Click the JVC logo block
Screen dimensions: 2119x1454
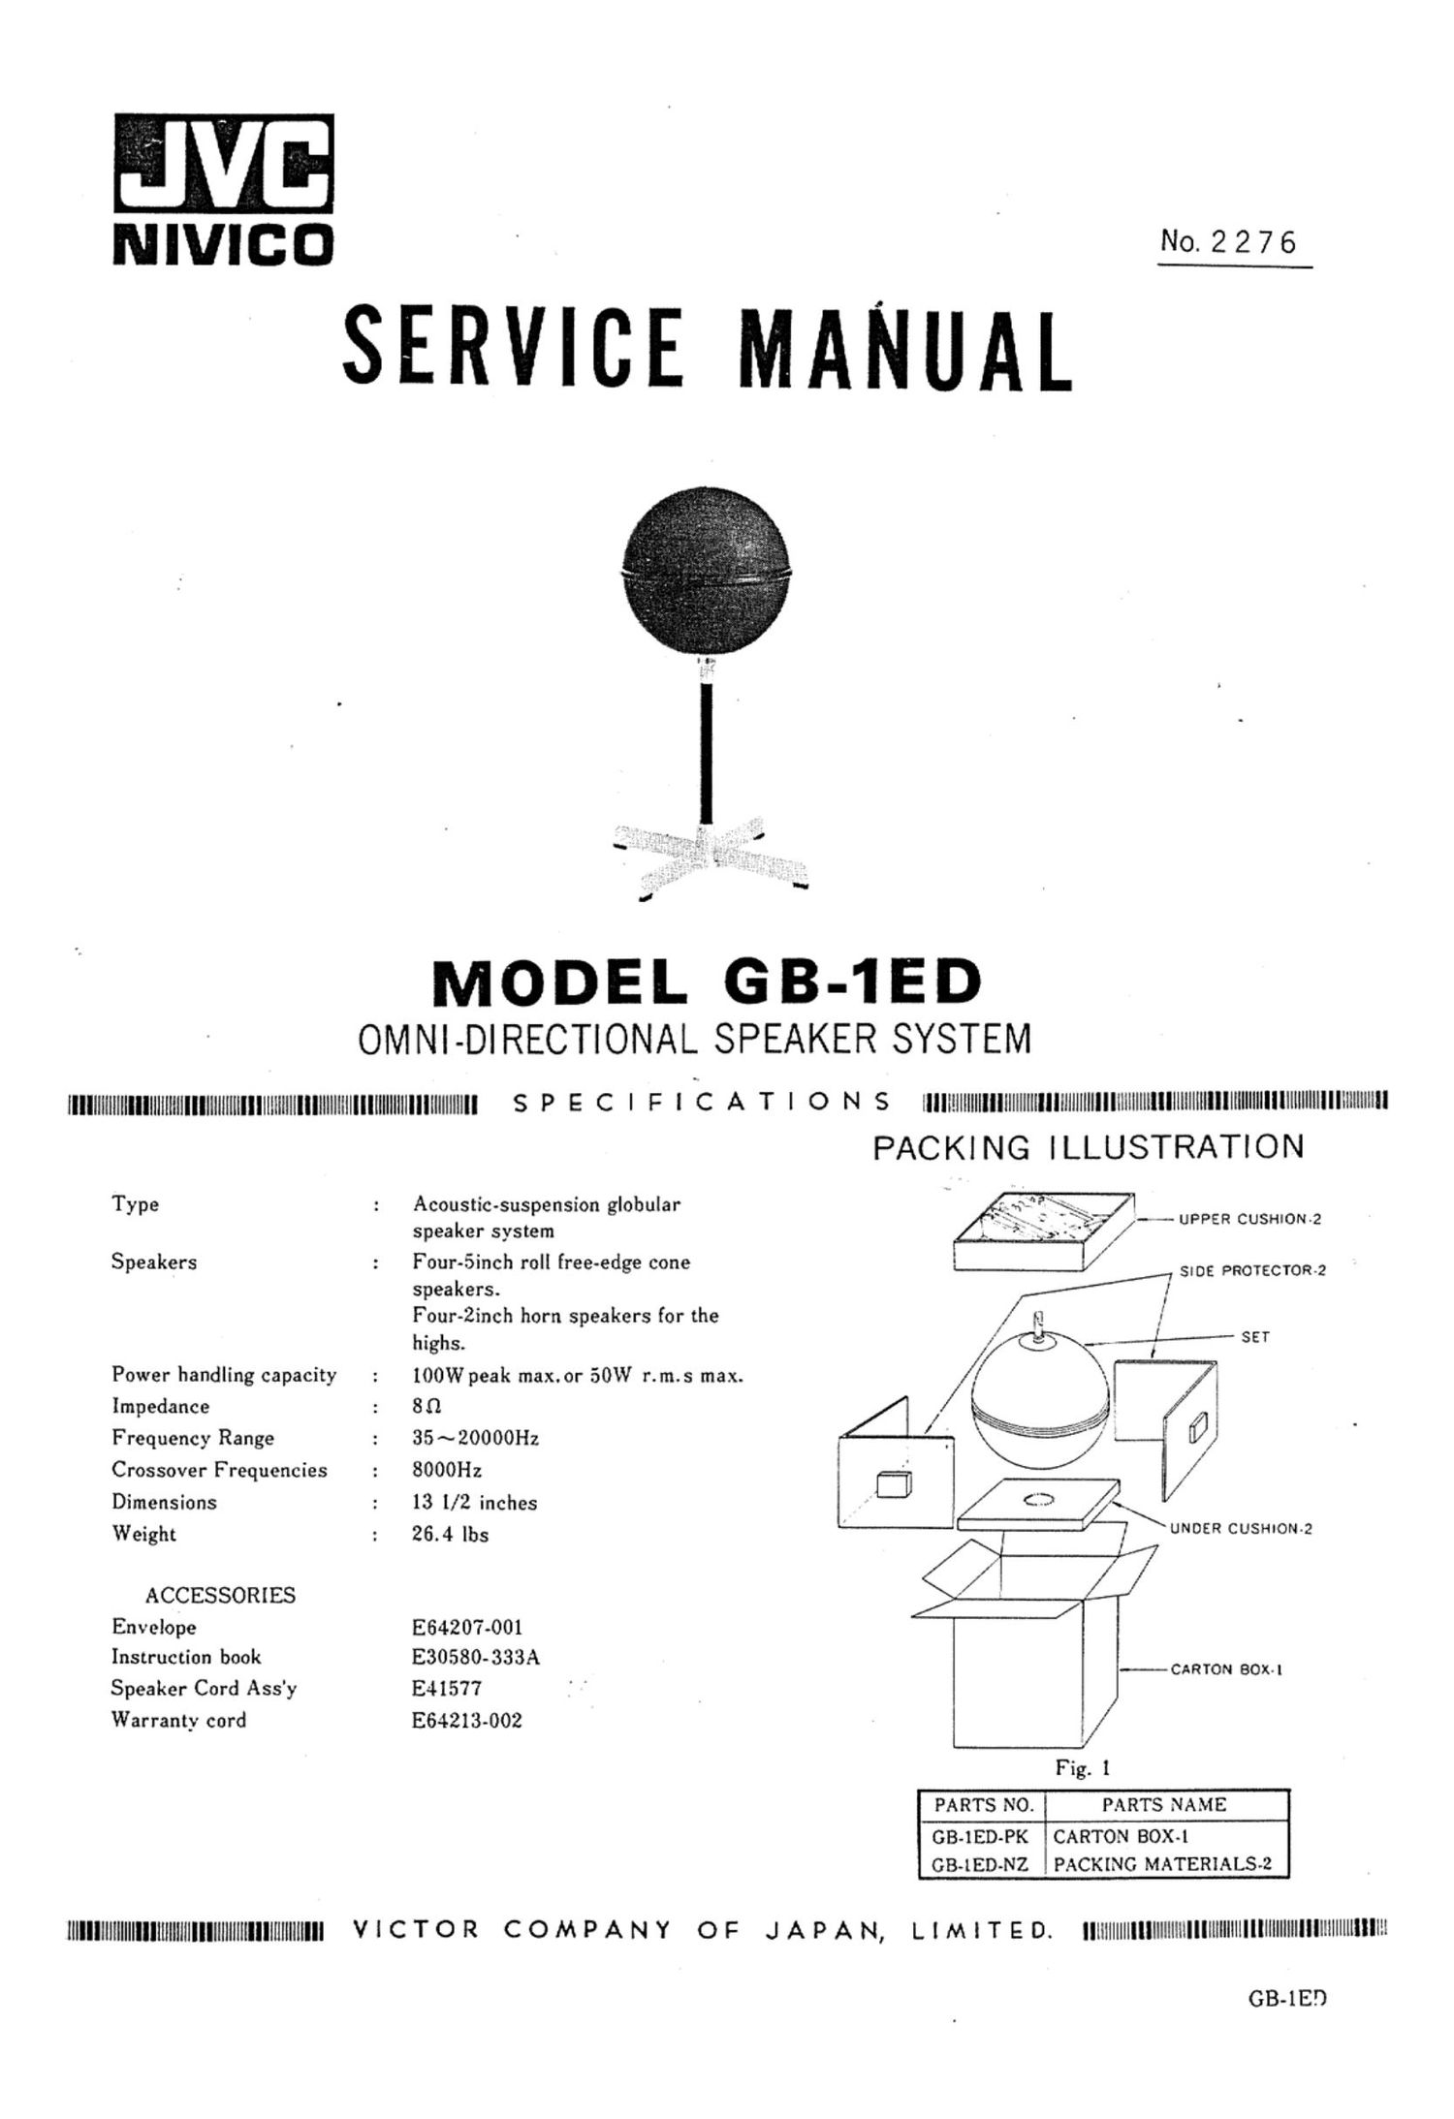point(223,164)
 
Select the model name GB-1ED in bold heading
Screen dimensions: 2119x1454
point(851,982)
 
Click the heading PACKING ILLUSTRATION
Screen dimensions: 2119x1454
point(1088,1147)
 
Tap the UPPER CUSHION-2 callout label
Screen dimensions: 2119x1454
point(1249,1219)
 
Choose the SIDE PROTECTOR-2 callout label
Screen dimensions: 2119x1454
point(1251,1270)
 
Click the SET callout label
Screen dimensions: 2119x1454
point(1254,1337)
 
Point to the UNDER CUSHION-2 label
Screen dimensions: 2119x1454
point(1240,1529)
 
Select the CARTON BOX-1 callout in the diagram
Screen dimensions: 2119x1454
point(1226,1669)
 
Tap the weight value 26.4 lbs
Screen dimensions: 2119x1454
point(450,1535)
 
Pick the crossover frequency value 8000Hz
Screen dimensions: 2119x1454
point(447,1471)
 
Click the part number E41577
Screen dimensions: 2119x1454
point(447,1688)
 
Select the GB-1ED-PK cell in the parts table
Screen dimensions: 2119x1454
point(980,1836)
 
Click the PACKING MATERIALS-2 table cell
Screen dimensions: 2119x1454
point(1161,1863)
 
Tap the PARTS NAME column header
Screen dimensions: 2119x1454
point(1163,1804)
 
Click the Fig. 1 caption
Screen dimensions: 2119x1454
point(1083,1768)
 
